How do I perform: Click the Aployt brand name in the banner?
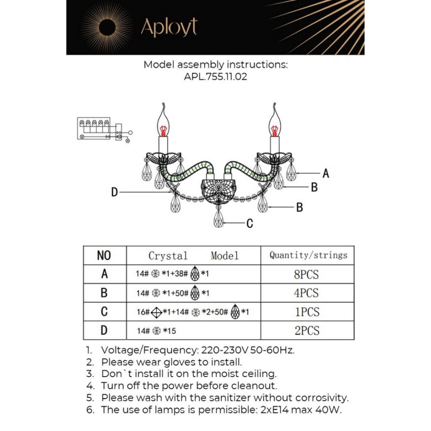pyautogui.click(x=169, y=27)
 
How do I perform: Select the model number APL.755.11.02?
pyautogui.click(x=215, y=77)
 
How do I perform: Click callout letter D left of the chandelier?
pyautogui.click(x=114, y=192)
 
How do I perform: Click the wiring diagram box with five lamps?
pyautogui.click(x=94, y=128)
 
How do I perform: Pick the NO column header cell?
pyautogui.click(x=105, y=255)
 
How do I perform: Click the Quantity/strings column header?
pyautogui.click(x=307, y=255)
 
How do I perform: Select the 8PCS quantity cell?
pyautogui.click(x=307, y=274)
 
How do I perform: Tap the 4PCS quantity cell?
pyautogui.click(x=307, y=293)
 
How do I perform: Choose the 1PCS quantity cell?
pyautogui.click(x=307, y=312)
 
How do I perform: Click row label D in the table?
pyautogui.click(x=104, y=330)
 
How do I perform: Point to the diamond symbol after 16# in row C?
pyautogui.click(x=156, y=312)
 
